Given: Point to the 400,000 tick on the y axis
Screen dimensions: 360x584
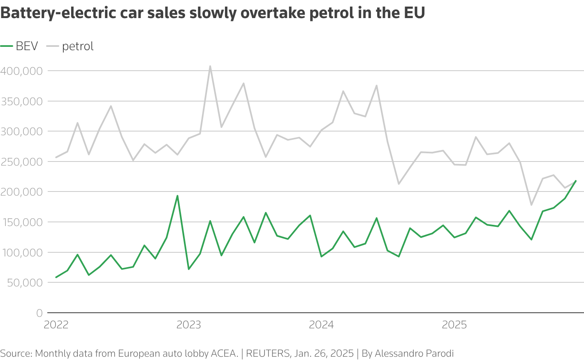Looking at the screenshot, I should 21,71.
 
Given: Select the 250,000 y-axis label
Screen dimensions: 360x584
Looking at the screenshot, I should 21,162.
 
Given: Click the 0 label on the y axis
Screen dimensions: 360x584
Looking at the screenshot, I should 39,313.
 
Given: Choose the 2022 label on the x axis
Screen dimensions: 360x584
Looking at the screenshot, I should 56,325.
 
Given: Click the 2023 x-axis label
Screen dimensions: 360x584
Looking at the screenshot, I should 189,325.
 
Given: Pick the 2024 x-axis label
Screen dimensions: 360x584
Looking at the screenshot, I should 321,325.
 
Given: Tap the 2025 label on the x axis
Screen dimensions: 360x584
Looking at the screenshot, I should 454,325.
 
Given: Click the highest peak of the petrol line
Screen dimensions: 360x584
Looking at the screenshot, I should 210,66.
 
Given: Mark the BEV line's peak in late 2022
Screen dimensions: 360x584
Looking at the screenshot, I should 177,196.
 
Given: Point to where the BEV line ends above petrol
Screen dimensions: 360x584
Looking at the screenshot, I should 575,181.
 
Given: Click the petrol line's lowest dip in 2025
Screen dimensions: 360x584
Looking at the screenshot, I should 531,205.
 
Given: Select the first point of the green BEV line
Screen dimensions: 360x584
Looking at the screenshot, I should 56,277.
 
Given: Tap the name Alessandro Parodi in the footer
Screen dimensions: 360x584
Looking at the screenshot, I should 414,353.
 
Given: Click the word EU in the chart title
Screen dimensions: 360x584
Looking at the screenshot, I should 414,13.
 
